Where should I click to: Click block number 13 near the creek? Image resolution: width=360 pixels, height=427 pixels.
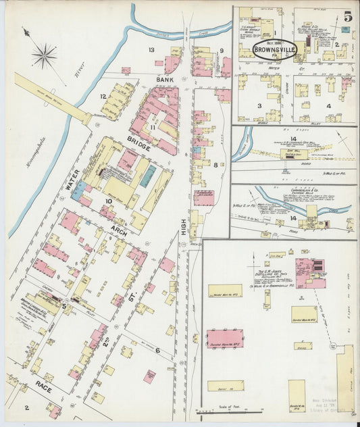click(151, 51)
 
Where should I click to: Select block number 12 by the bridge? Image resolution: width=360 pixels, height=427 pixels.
click(103, 97)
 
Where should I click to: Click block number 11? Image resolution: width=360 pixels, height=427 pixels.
click(153, 127)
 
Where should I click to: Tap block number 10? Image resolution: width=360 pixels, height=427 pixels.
click(107, 201)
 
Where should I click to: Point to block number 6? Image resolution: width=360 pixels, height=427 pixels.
click(157, 350)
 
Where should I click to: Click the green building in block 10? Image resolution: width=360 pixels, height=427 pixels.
click(147, 177)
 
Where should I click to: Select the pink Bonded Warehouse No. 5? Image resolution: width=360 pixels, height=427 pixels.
click(224, 338)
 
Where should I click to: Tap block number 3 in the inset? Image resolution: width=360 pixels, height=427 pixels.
click(259, 105)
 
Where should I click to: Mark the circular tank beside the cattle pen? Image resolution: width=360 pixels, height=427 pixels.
click(332, 347)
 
